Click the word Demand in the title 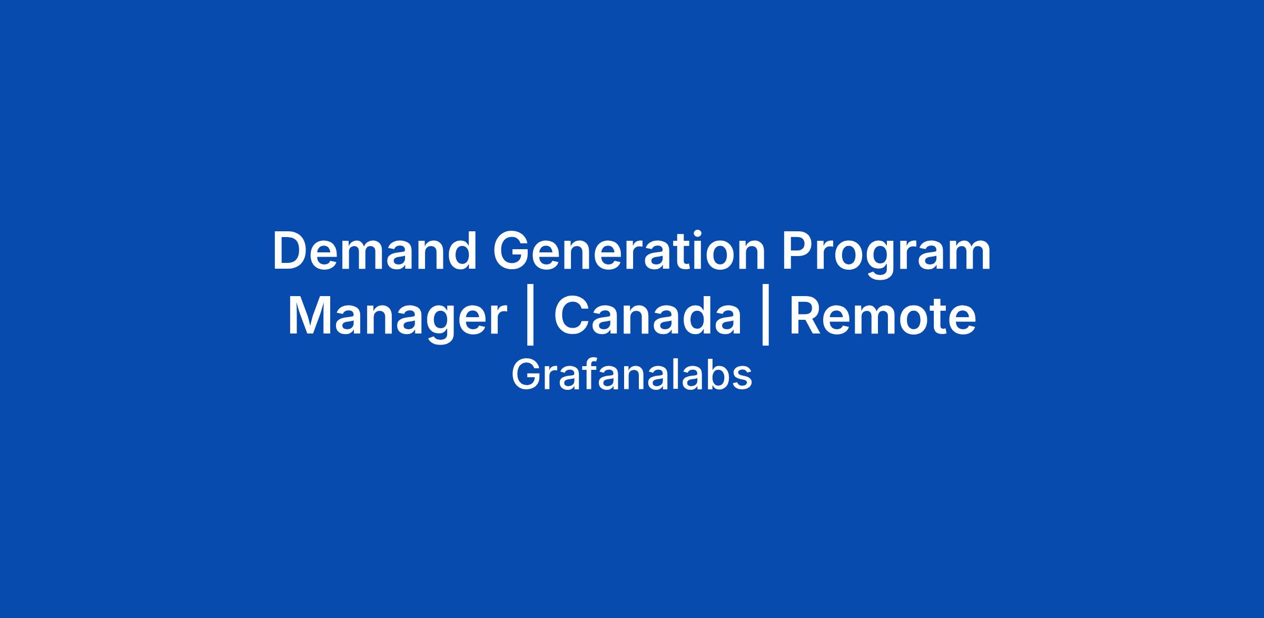(374, 251)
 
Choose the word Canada (648, 316)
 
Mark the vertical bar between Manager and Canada (530, 320)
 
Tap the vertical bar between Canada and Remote (766, 320)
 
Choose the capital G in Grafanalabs (525, 375)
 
